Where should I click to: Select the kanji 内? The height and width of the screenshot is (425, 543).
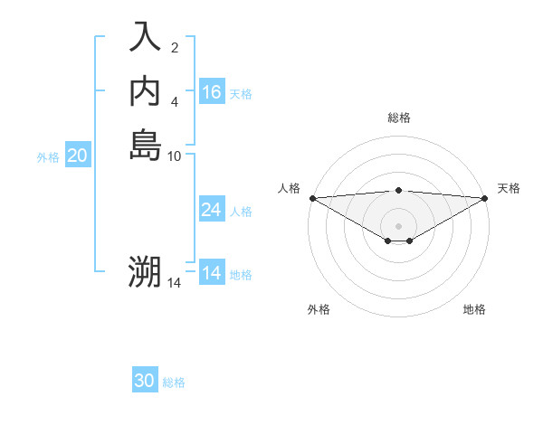(x=145, y=90)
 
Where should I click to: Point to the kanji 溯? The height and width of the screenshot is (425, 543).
(x=145, y=272)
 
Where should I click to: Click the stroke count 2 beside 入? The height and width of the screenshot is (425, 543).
(x=175, y=48)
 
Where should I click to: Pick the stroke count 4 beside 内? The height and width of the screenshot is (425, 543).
(x=175, y=102)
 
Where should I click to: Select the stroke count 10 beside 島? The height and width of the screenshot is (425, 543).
(x=175, y=156)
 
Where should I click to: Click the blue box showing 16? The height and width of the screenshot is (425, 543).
(x=212, y=92)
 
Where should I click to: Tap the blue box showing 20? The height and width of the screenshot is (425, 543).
(x=77, y=156)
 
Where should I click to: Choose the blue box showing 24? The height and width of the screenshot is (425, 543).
(x=212, y=210)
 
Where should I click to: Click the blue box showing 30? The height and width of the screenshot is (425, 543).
(x=145, y=381)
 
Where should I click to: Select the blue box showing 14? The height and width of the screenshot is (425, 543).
(x=212, y=273)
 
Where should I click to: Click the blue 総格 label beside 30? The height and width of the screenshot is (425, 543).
(x=174, y=382)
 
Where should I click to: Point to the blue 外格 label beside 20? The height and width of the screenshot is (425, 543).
(x=48, y=157)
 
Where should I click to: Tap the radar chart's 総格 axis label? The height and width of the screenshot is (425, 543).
(x=399, y=118)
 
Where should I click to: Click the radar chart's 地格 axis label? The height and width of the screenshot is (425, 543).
(x=474, y=309)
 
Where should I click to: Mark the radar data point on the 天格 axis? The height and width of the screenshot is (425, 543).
(x=485, y=198)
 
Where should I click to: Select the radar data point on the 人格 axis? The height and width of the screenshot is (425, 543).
(x=312, y=198)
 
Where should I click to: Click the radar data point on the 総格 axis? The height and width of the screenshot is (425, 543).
(x=399, y=190)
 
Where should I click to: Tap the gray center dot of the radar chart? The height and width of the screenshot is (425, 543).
(x=399, y=226)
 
